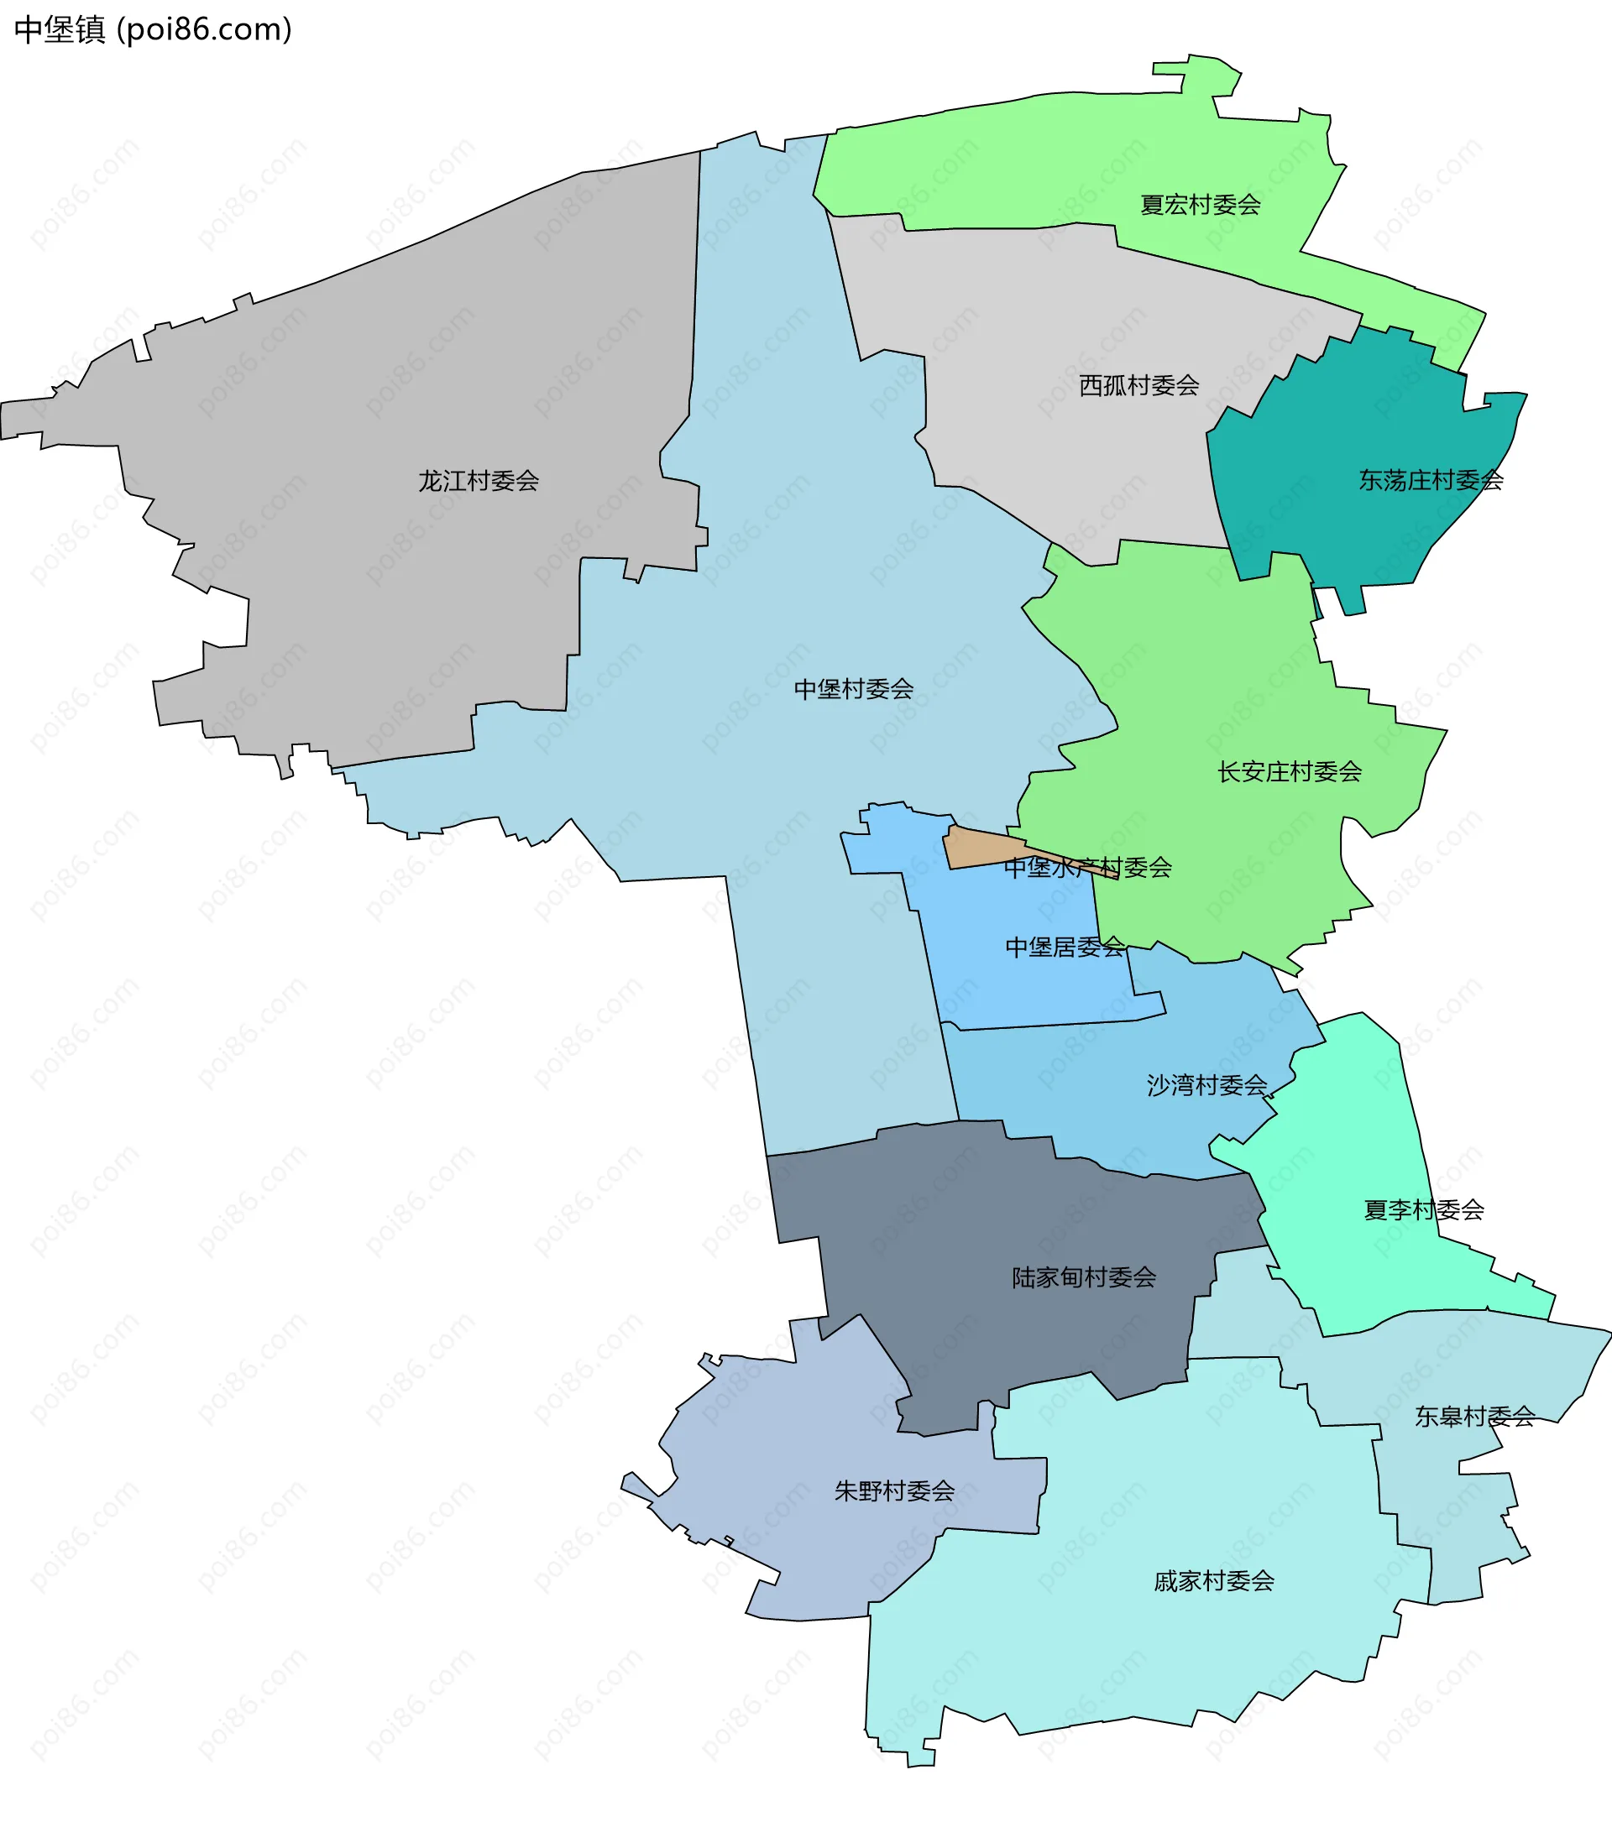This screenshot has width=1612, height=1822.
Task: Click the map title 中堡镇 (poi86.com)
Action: [154, 30]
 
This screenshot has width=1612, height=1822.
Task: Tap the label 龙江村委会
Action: [479, 482]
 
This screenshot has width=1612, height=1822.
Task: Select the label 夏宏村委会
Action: [1200, 205]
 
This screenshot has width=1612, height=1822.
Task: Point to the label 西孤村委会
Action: [1138, 385]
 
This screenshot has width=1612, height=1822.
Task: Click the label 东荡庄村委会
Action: [1430, 480]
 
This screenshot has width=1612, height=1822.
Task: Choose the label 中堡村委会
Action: [853, 689]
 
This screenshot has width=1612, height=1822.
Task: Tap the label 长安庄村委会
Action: [1290, 772]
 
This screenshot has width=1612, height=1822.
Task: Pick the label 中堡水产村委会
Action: [1087, 867]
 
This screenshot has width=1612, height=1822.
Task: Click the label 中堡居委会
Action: [1065, 947]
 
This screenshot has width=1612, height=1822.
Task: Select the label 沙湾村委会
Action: [1206, 1085]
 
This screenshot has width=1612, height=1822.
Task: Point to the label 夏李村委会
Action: [1423, 1209]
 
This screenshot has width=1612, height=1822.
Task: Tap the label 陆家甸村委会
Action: [1083, 1277]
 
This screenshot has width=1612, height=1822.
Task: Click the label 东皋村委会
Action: [1473, 1417]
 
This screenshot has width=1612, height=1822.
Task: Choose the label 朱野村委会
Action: [894, 1490]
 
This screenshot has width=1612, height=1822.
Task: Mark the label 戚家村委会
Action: [1213, 1581]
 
